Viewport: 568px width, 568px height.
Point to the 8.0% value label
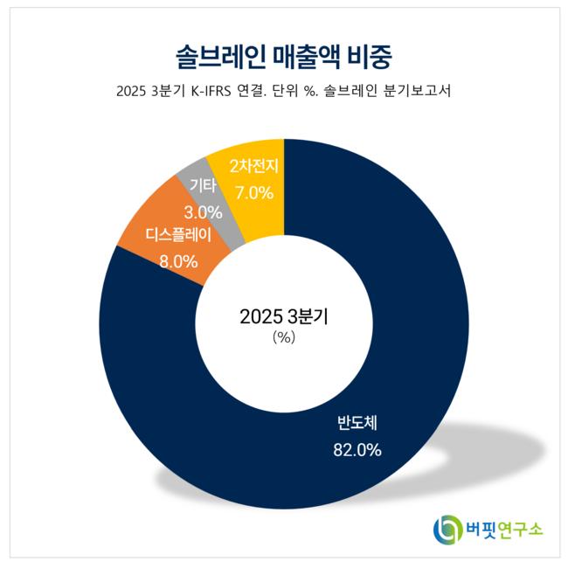pos(178,260)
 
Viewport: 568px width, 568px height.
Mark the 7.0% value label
pos(253,189)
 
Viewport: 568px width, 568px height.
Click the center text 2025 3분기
pos(284,317)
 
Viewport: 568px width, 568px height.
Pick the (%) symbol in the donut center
pos(284,337)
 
